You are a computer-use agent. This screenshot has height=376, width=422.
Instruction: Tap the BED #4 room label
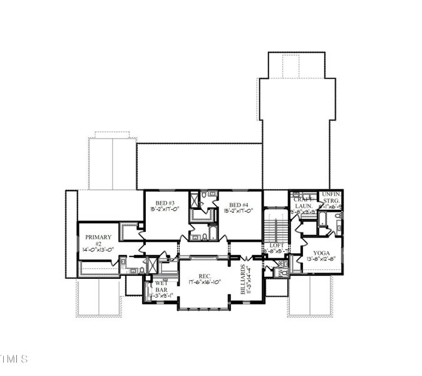point(239,205)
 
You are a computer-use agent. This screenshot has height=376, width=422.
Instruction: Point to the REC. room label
point(205,276)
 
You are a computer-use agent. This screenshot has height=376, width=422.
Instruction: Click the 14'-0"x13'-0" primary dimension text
point(98,249)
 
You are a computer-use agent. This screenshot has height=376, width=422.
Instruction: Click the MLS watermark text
point(14,359)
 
